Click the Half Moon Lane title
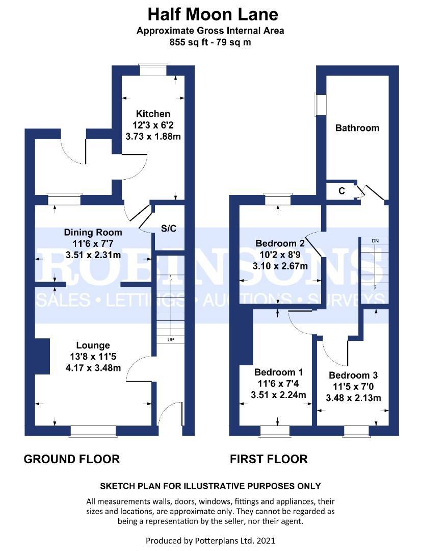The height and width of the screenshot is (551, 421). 210,14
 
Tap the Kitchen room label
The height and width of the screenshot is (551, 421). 153,114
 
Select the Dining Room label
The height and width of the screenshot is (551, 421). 93,233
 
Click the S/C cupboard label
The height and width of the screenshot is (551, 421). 169,229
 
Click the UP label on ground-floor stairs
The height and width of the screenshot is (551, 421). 169,339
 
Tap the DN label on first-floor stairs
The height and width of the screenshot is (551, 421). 375,240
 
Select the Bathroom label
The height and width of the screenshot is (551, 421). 357,128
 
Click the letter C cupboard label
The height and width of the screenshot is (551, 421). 341,191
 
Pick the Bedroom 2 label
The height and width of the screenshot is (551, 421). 280,243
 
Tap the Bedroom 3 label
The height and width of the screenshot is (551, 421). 353,375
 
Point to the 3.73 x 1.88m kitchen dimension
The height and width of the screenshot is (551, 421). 153,137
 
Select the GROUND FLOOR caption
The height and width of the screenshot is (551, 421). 72,459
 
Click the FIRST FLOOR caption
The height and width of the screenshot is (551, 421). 269,459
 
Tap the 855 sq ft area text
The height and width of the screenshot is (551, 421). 210,42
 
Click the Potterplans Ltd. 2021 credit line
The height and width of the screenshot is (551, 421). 210,540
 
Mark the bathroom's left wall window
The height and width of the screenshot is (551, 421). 321,105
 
